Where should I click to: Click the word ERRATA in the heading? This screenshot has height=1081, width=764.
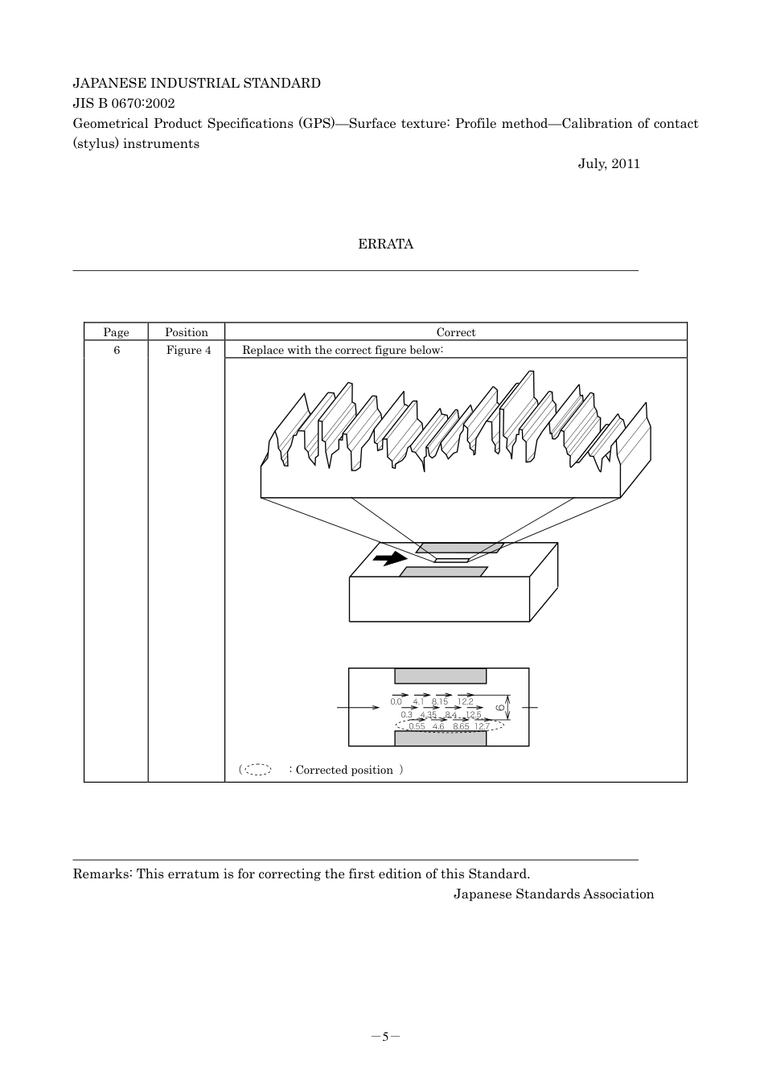[385, 245]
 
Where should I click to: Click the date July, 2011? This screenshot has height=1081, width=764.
[609, 164]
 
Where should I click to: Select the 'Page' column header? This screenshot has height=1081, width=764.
[116, 332]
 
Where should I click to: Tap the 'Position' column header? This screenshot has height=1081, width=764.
[186, 332]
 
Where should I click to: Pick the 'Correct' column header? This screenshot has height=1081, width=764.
[455, 332]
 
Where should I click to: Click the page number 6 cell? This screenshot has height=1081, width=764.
[117, 350]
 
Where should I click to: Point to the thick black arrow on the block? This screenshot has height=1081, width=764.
[390, 558]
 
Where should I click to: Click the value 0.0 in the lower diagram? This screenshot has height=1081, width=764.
[396, 702]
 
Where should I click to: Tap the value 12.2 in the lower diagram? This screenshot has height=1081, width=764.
[466, 702]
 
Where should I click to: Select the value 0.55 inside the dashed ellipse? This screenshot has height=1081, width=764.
[417, 726]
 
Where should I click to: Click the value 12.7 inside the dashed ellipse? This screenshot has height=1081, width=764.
[481, 726]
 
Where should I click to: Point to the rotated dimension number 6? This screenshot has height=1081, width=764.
[500, 707]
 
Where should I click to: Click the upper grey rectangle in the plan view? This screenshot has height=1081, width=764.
[440, 676]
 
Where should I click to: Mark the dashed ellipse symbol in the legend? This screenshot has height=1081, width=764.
[257, 770]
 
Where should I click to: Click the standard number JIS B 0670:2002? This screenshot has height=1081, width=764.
[124, 103]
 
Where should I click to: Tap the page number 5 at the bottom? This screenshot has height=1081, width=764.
[385, 1036]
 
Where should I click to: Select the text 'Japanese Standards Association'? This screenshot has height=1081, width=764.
[553, 894]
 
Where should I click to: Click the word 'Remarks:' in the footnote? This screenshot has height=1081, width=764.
[102, 874]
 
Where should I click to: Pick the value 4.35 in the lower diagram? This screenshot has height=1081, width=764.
[429, 714]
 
